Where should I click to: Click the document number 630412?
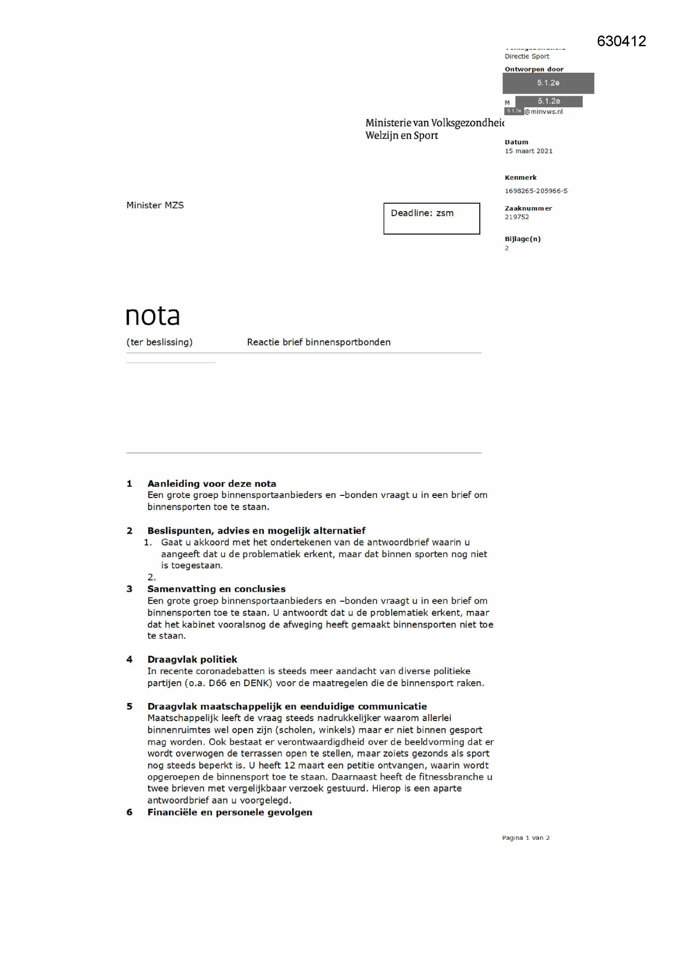[x=621, y=42]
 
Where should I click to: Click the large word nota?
[x=153, y=315]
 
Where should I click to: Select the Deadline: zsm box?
[x=431, y=218]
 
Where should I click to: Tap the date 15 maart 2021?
[x=528, y=151]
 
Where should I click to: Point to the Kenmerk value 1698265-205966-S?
[x=536, y=191]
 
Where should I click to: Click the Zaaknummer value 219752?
[x=516, y=217]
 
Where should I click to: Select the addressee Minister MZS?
[x=155, y=205]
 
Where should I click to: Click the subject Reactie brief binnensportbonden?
[x=318, y=342]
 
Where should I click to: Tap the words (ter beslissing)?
[x=159, y=342]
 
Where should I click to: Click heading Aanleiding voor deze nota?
[x=211, y=483]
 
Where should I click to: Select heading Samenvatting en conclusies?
[x=216, y=589]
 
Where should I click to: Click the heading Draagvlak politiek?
[x=192, y=659]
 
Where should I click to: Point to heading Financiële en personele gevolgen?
[x=229, y=812]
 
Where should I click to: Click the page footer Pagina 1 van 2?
[x=525, y=838]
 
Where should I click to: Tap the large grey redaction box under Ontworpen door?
[x=548, y=83]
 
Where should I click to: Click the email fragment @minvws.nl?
[x=543, y=112]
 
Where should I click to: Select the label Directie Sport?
[x=526, y=56]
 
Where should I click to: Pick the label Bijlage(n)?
[x=522, y=239]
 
